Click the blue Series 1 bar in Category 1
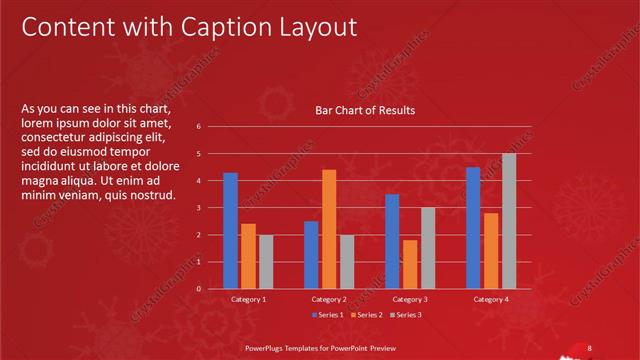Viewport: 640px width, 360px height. click(x=231, y=230)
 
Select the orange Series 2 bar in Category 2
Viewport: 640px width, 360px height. click(x=329, y=229)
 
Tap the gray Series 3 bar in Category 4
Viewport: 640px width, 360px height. click(x=509, y=221)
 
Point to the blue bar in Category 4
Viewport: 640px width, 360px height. click(x=473, y=228)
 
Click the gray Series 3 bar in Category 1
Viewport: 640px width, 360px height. click(x=266, y=262)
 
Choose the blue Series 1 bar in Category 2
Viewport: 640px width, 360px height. click(x=311, y=255)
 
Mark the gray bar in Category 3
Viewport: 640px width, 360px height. click(x=428, y=248)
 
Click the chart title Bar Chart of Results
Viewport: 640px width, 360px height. click(x=365, y=111)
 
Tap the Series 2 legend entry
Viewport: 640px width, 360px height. click(x=365, y=315)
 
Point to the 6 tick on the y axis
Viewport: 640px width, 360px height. click(x=200, y=127)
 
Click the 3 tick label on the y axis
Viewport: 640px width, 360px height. click(x=200, y=208)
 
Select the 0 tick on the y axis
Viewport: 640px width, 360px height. click(x=200, y=289)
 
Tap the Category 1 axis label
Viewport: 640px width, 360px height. click(x=248, y=299)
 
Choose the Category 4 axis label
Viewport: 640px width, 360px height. click(x=491, y=299)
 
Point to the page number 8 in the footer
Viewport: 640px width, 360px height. click(x=590, y=347)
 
